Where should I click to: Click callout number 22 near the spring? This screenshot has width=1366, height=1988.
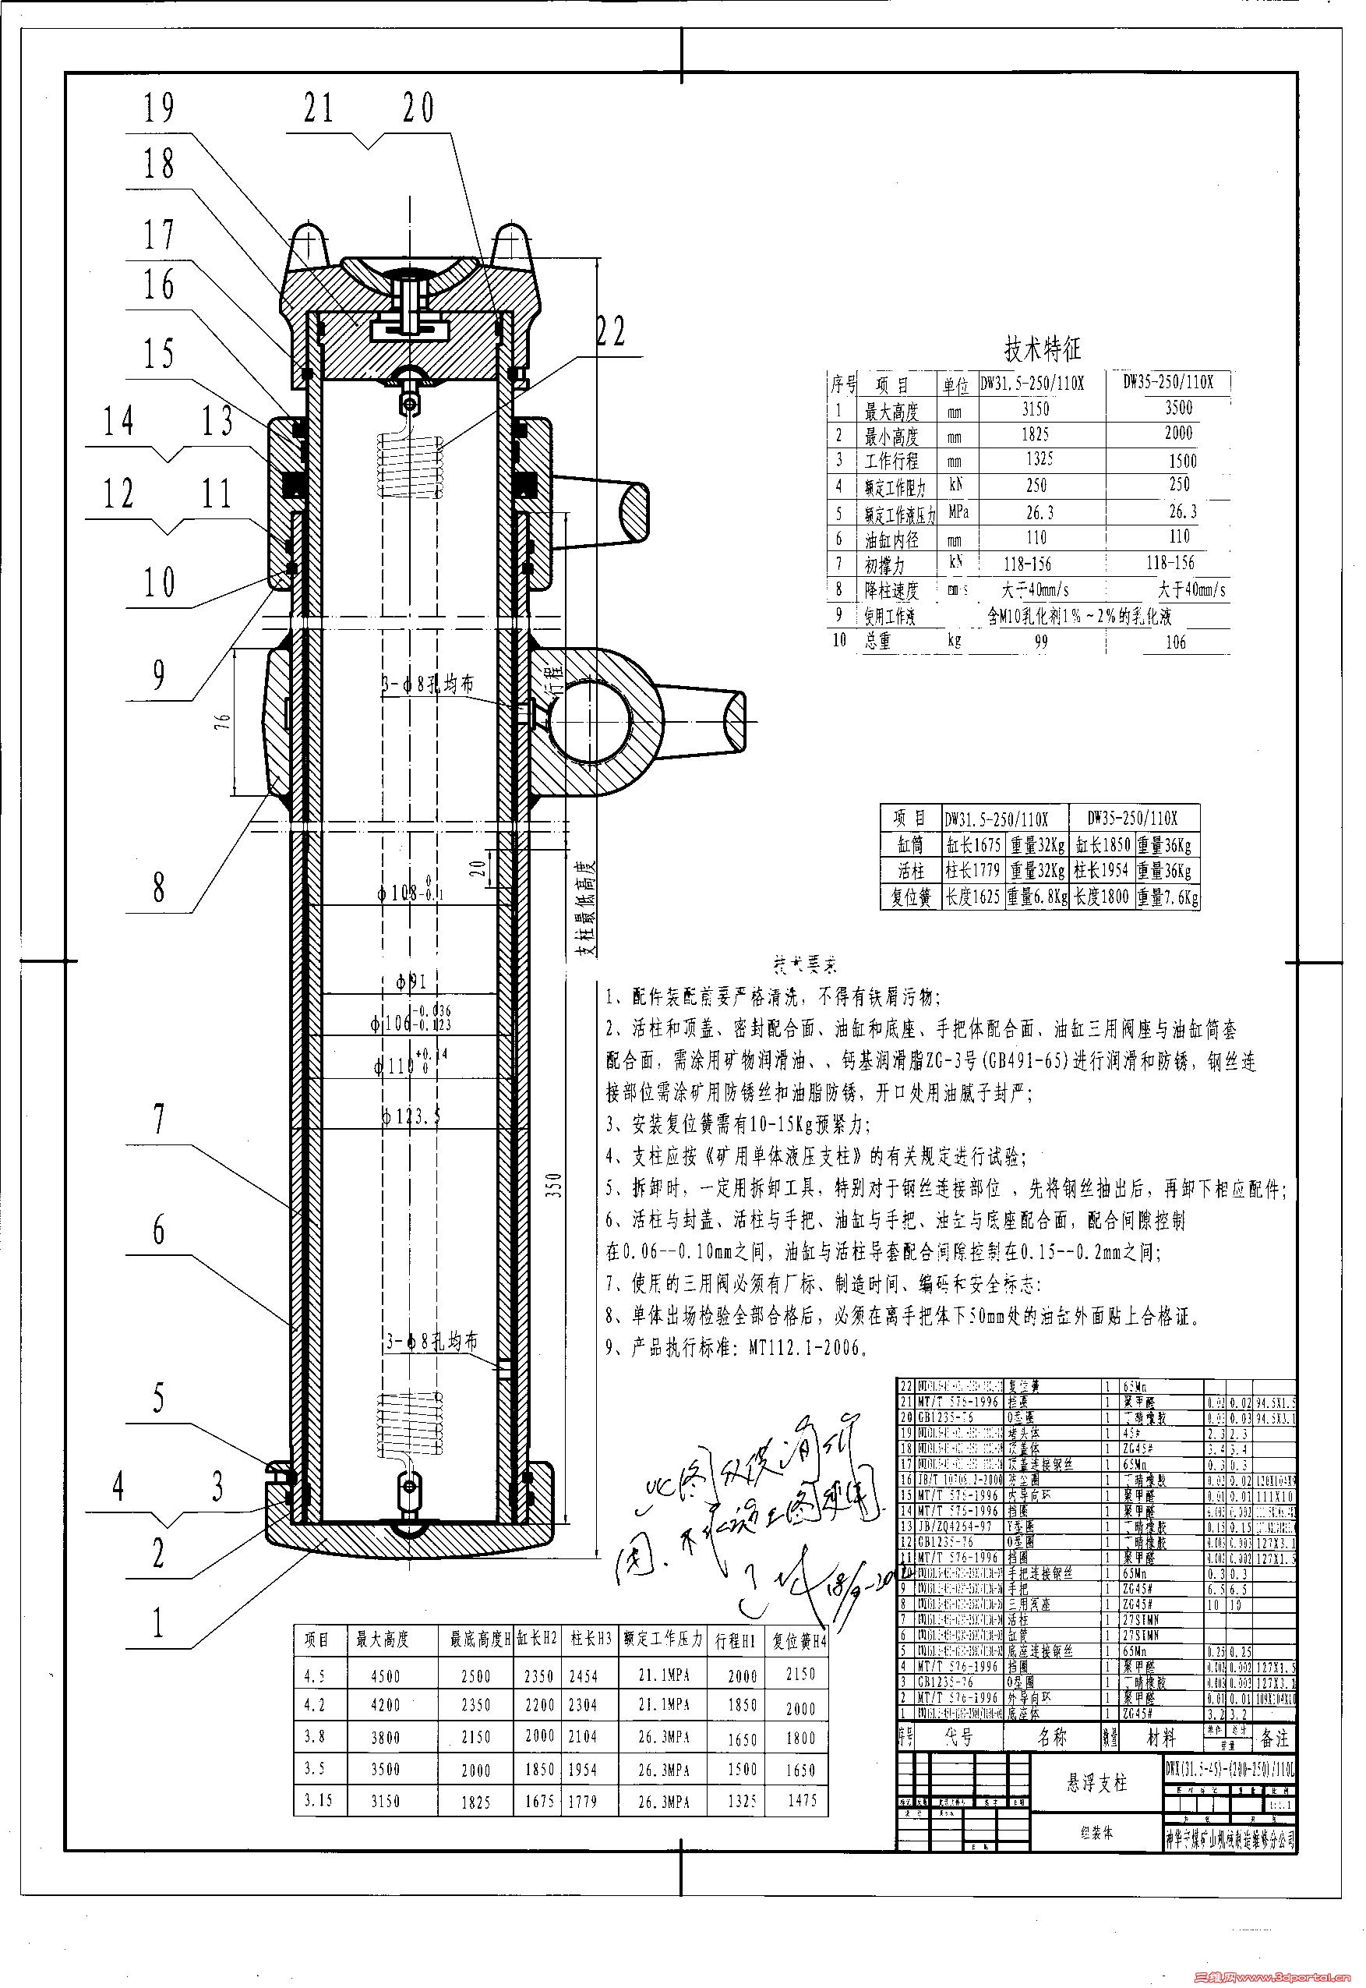(x=611, y=333)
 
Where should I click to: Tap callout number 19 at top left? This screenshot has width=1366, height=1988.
(x=159, y=108)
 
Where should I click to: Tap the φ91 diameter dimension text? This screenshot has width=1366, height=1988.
(x=411, y=982)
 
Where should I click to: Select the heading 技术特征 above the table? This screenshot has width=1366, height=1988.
(x=1043, y=348)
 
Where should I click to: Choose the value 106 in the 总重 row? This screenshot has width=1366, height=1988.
(x=1175, y=642)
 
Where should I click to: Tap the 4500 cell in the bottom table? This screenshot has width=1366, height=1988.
(x=384, y=1676)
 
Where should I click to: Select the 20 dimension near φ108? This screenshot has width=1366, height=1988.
(x=481, y=868)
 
